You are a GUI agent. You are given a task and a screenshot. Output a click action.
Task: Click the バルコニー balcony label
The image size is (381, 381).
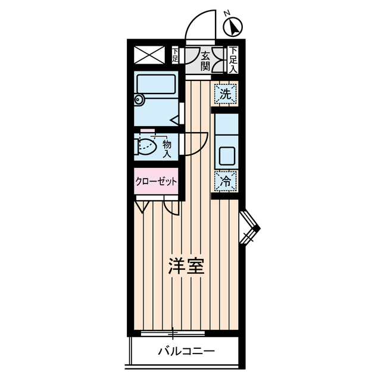pyautogui.click(x=186, y=351)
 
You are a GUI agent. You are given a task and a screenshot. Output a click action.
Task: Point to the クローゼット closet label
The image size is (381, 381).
pyautogui.click(x=156, y=182)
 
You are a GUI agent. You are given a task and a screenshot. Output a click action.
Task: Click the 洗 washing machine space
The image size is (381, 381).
pyautogui.click(x=226, y=93)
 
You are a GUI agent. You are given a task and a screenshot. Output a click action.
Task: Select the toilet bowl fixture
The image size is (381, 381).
pyautogui.click(x=147, y=145)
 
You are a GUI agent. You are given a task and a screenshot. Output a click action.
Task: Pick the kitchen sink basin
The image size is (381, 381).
pyautogui.click(x=226, y=156)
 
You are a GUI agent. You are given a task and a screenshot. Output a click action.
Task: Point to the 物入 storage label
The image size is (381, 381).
pyautogui.click(x=167, y=148)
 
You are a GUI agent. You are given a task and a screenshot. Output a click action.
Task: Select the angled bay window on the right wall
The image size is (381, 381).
pyautogui.click(x=249, y=228)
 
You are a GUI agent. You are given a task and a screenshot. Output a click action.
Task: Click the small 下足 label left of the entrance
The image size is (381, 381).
pyautogui.click(x=175, y=56)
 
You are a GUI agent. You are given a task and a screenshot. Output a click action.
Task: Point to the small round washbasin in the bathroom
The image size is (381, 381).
pyautogui.click(x=139, y=100)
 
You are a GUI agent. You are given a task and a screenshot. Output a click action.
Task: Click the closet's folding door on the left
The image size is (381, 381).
pyautogui.click(x=142, y=207)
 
